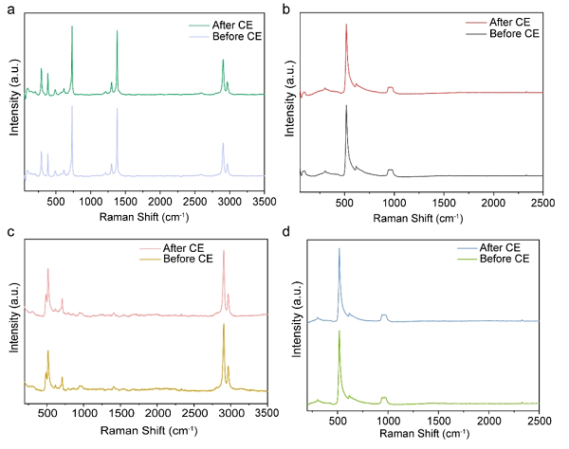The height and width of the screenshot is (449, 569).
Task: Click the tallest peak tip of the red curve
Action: coord(346,25)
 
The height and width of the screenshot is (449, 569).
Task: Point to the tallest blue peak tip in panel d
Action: coord(340,249)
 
